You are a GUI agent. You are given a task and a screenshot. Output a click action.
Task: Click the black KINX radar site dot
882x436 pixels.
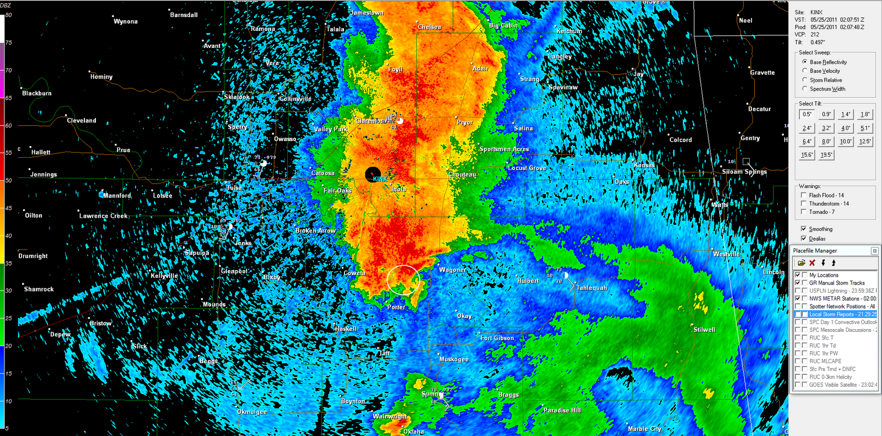[373, 174]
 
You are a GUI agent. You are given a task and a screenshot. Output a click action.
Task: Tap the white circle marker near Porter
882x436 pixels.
[404, 280]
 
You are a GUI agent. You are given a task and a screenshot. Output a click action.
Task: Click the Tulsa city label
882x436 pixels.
[234, 188]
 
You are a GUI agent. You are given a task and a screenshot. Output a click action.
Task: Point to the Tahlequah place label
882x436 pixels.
[591, 288]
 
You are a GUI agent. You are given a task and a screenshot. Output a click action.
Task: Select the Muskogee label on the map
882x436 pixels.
[454, 359]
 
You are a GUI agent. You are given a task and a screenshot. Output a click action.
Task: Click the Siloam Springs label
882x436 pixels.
[744, 172]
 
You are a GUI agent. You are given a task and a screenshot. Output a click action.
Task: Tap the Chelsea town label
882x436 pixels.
[429, 27]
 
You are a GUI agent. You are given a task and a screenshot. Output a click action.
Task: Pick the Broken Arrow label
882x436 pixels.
[315, 231]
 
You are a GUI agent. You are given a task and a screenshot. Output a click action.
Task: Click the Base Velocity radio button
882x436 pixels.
[805, 71]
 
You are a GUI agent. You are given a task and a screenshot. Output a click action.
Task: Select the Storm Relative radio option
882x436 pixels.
[805, 80]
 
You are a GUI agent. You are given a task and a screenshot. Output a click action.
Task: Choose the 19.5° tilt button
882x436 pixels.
[826, 155]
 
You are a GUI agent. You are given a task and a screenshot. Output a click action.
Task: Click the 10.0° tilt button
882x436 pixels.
[845, 142]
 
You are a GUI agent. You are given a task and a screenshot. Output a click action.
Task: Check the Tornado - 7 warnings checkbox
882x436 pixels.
[804, 212]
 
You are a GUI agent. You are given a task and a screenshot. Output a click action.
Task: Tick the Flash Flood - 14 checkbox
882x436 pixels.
[804, 195]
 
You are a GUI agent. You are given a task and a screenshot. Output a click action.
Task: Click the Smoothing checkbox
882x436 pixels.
[804, 229]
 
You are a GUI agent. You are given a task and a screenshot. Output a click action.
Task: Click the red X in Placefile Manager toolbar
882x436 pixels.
[812, 263]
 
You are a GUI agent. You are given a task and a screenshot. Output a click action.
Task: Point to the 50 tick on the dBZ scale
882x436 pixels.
[8, 180]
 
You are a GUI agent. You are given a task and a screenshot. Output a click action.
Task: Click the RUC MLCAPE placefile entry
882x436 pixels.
[825, 362]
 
